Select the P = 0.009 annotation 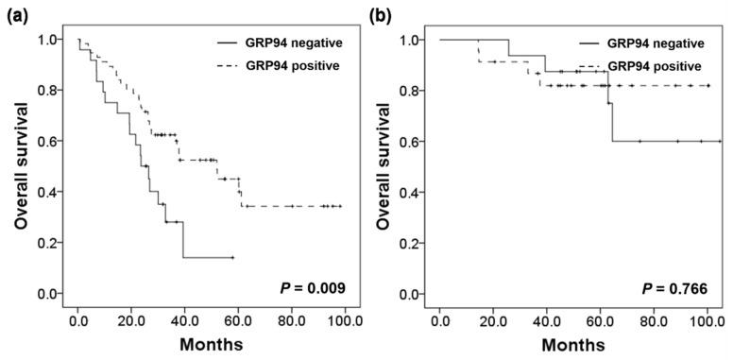(x=313, y=287)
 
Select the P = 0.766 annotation (x=674, y=287)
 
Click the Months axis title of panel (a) (x=212, y=346)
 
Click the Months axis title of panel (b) (x=573, y=346)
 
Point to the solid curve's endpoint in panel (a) (x=232, y=257)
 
